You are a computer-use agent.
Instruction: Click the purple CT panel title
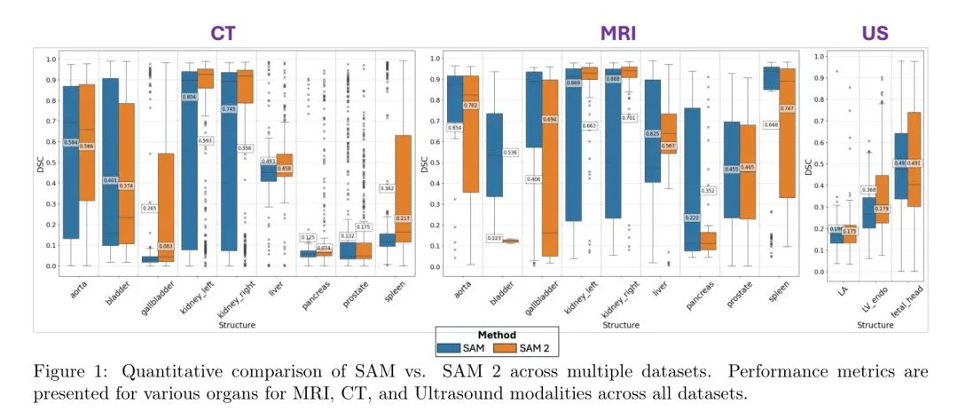(223, 33)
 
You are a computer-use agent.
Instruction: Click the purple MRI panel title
(617, 33)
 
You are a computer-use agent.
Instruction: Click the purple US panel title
(875, 33)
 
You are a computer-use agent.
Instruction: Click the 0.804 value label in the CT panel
(189, 97)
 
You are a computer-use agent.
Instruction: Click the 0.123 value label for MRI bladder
(495, 238)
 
